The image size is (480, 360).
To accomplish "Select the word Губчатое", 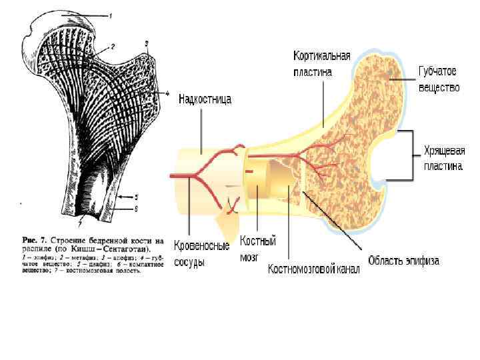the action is (x=437, y=72).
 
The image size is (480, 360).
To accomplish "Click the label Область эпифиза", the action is (x=403, y=261).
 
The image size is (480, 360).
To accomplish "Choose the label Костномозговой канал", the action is (x=313, y=269).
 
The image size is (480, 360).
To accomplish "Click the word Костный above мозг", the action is (x=259, y=241).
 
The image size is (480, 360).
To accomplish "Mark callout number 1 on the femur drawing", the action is (x=111, y=15).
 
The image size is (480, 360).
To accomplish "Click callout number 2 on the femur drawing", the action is (x=113, y=47).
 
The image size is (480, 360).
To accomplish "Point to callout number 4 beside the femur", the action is (x=167, y=94).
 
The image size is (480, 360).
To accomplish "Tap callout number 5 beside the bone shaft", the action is (x=136, y=197).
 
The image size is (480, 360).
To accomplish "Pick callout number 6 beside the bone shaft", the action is (x=136, y=208).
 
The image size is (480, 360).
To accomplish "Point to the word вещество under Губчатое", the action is (x=439, y=87).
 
